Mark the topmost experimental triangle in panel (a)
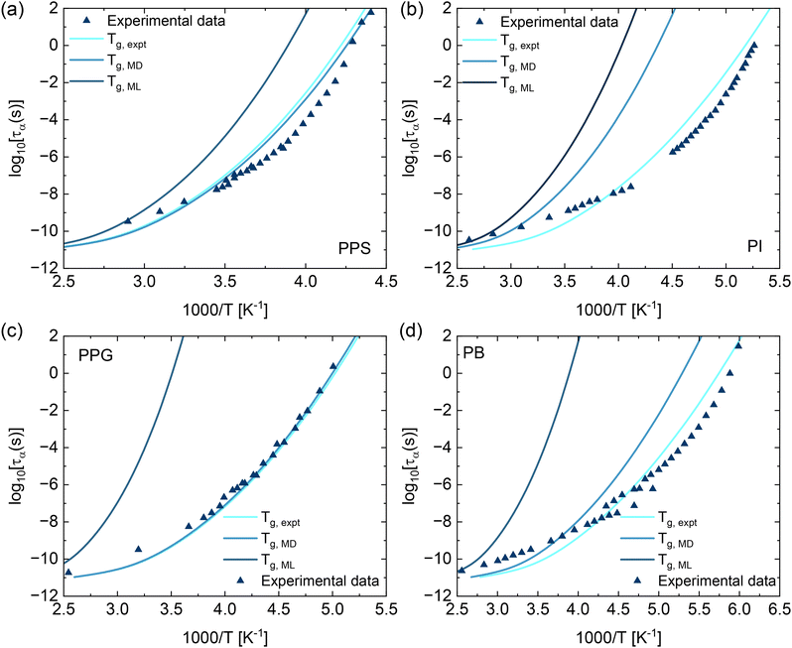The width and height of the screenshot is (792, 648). [370, 12]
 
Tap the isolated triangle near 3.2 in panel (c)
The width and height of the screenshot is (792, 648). [139, 549]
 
